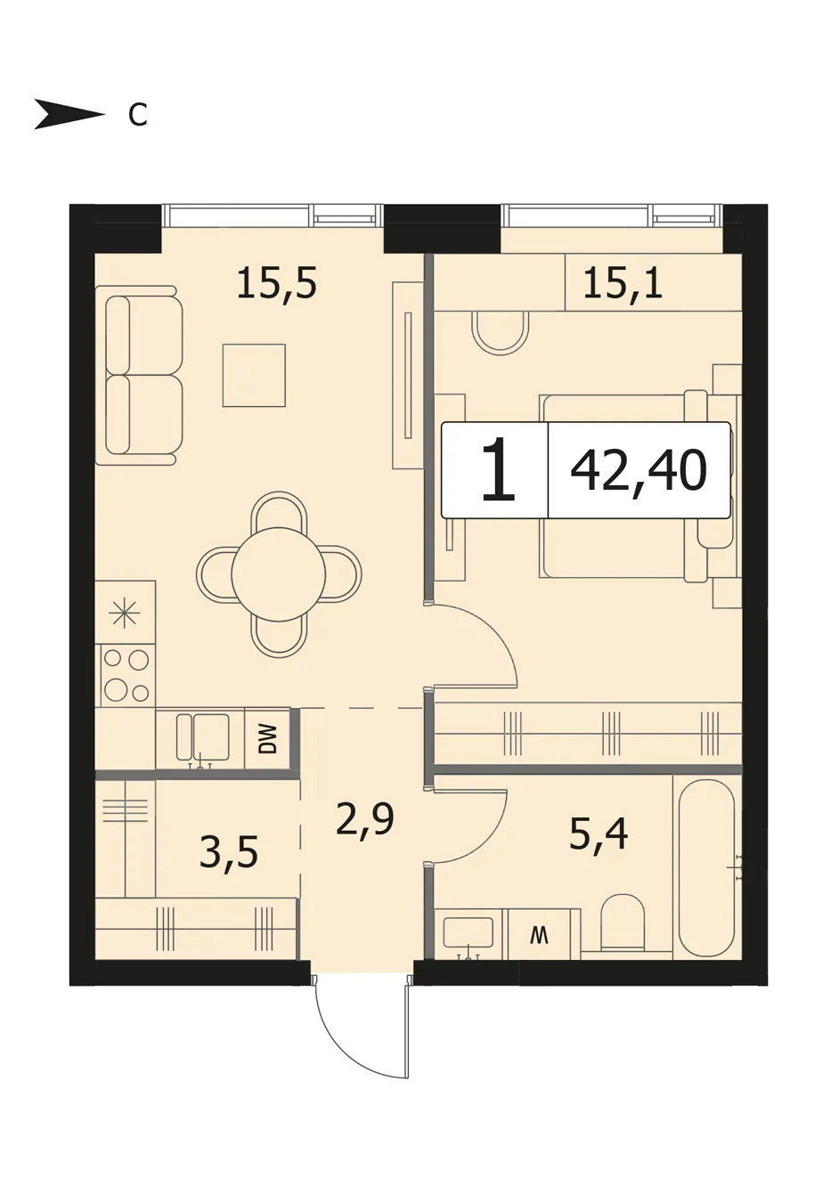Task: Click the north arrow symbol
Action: pos(69,114)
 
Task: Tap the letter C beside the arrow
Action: pos(138,114)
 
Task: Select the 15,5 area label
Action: pos(277,283)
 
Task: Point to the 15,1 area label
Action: pos(623,283)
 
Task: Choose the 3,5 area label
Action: pos(229,851)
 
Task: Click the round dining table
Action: pos(279,573)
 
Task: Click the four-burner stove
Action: pos(126,675)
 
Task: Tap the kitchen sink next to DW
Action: pos(202,737)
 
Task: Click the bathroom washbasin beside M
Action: pos(468,935)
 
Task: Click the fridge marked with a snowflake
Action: pos(126,612)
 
